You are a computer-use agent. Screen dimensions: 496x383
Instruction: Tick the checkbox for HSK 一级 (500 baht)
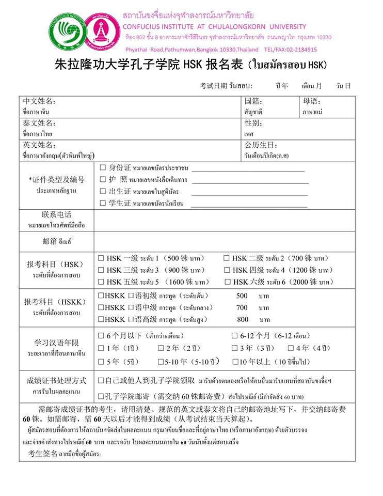[101, 258]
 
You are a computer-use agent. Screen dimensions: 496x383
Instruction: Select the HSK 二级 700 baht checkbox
[226, 258]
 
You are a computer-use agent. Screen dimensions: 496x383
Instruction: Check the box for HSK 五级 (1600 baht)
[101, 282]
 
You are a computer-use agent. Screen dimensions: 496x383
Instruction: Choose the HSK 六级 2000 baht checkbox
[228, 282]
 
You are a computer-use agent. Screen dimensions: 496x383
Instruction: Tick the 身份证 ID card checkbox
[103, 168]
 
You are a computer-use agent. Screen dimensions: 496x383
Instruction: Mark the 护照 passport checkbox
[103, 180]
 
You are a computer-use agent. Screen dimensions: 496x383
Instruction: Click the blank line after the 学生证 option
[249, 204]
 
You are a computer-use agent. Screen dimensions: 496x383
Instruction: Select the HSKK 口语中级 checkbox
[101, 307]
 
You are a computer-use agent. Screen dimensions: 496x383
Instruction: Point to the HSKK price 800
[243, 319]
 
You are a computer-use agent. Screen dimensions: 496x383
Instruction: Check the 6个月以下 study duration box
[101, 336]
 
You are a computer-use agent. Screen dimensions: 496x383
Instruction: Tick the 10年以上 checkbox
[235, 362]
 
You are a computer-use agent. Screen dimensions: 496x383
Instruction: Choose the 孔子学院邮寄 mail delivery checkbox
[101, 396]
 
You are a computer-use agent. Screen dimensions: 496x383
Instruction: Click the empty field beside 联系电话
[224, 220]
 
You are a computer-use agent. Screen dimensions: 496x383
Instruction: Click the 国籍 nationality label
[253, 101]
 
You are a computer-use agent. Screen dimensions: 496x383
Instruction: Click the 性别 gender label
[253, 123]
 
